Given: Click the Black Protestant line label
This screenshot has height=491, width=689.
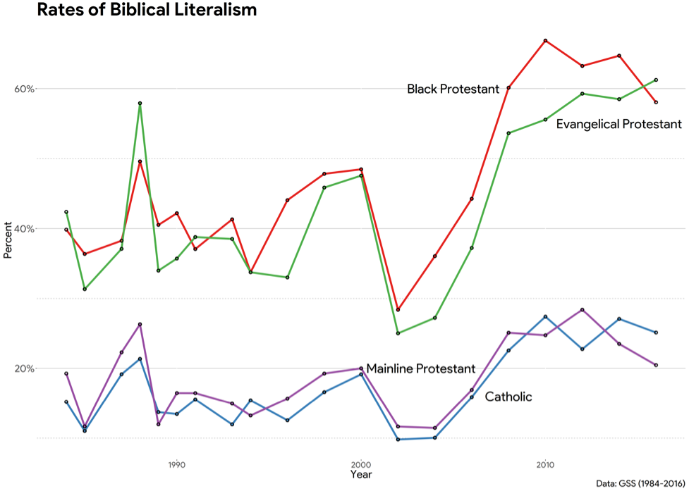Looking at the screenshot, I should [453, 89].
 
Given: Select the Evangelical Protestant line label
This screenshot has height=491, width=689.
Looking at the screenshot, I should [618, 125].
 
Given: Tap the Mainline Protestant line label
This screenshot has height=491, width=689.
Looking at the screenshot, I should [420, 369].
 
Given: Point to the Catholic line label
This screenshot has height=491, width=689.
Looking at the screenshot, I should [508, 397].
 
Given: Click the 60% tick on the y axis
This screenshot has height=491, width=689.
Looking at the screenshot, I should [25, 89].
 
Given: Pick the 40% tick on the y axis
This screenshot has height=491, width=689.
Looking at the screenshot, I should [25, 229].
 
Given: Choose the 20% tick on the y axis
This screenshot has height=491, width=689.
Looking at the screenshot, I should [25, 368].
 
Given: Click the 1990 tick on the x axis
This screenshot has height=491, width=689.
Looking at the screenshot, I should [176, 465].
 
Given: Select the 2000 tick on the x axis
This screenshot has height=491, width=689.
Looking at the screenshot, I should [361, 465].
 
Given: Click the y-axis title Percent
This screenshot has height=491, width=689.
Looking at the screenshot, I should [8, 240].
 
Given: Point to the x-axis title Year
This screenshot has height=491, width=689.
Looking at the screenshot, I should [361, 476].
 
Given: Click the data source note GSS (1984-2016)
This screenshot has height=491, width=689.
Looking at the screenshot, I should [640, 484].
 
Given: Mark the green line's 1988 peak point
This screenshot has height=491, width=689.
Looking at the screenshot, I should [140, 104].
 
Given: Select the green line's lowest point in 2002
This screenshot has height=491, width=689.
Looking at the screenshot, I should [398, 333].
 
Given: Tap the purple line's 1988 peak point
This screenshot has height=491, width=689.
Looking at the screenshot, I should [140, 324].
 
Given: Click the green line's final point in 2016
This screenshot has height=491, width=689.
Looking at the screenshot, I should [656, 80].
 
